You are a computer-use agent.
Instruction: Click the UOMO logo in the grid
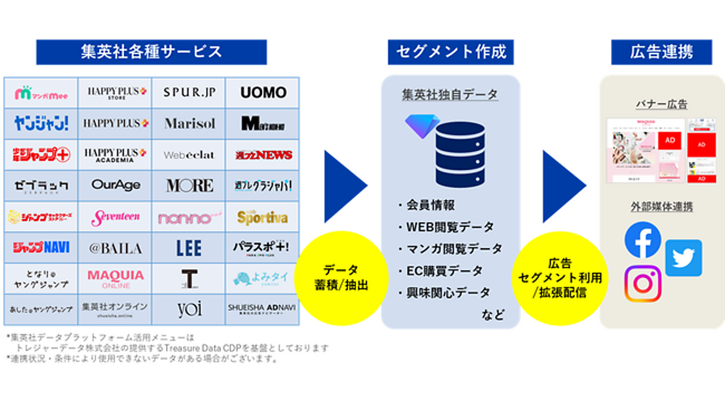263,92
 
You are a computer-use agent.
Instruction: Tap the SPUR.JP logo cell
189,92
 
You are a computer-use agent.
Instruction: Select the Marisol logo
189,123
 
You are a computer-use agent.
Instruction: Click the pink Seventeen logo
115,217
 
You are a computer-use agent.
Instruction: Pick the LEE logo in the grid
189,248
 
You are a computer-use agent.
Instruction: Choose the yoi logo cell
189,309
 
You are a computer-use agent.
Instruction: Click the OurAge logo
115,185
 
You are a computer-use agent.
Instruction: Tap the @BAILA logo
115,248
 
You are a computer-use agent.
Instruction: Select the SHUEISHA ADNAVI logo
263,309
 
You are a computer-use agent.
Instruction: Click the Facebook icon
643,240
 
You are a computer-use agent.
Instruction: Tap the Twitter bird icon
683,257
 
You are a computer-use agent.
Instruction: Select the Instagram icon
643,284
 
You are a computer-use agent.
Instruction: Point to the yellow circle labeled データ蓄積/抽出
341,278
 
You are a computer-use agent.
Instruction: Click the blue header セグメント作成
451,52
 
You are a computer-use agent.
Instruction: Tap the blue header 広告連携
661,52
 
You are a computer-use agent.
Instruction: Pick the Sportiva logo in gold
263,217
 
